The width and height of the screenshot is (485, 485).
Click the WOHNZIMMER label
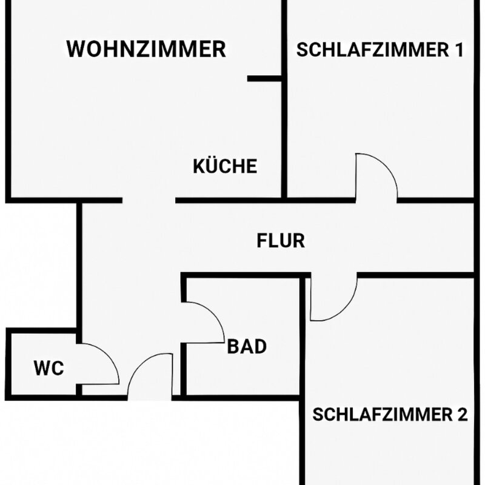pyautogui.click(x=146, y=49)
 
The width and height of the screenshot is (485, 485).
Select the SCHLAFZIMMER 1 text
pyautogui.click(x=380, y=50)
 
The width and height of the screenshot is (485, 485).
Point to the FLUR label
pyautogui.click(x=281, y=241)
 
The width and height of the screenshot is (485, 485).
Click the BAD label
pyautogui.click(x=247, y=346)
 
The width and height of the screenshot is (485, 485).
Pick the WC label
pyautogui.click(x=48, y=368)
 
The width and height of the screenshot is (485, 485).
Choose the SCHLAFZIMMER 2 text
pyautogui.click(x=390, y=415)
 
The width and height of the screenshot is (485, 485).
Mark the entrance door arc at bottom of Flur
pyautogui.click(x=140, y=363)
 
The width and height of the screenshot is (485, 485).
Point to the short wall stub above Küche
pyautogui.click(x=264, y=79)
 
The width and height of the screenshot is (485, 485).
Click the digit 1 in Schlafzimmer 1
pyautogui.click(x=460, y=50)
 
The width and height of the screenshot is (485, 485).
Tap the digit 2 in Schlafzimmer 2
pyautogui.click(x=463, y=415)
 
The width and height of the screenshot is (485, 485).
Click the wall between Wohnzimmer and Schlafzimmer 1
pyautogui.click(x=284, y=99)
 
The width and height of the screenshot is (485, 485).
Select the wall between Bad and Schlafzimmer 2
pyautogui.click(x=303, y=337)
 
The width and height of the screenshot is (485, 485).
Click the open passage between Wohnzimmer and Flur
pyautogui.click(x=149, y=201)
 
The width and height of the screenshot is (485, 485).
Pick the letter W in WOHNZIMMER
pyautogui.click(x=75, y=49)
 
